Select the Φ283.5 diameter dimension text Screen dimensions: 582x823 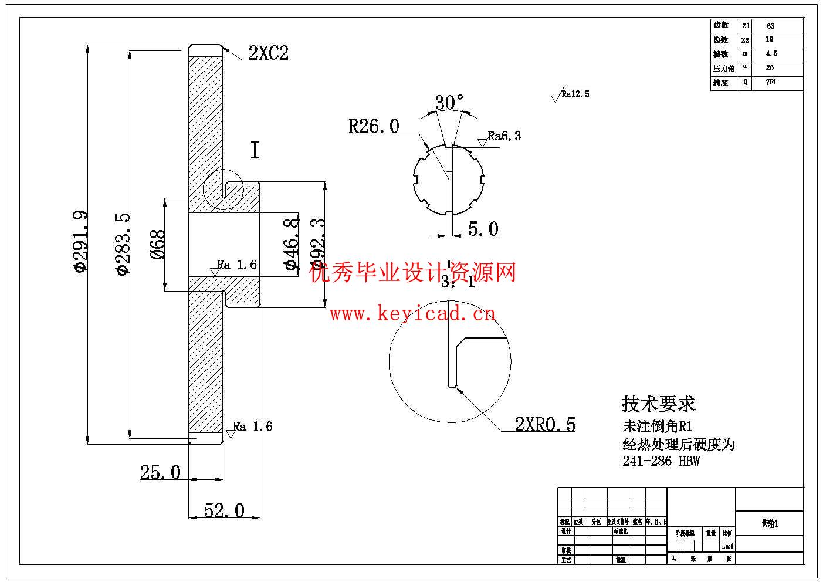[x=122, y=243]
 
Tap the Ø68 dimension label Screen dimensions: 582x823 [x=157, y=244]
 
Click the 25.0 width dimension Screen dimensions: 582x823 [x=160, y=472]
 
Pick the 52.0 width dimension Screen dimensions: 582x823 [x=224, y=510]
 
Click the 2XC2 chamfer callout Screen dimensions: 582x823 [x=268, y=53]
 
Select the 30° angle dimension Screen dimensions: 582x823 [x=449, y=103]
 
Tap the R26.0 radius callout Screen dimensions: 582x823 [x=374, y=126]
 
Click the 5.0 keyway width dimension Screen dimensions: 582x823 [x=483, y=229]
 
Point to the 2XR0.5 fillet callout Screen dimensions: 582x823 [x=545, y=424]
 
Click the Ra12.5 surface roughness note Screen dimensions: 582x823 [x=575, y=94]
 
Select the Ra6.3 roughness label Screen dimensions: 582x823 [x=504, y=136]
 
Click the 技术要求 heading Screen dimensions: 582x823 [x=658, y=404]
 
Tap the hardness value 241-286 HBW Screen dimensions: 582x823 [x=661, y=461]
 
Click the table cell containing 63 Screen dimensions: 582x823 [x=770, y=26]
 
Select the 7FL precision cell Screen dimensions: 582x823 [x=771, y=83]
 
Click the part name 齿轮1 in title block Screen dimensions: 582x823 [x=770, y=523]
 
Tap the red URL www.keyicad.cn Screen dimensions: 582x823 [x=412, y=314]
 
